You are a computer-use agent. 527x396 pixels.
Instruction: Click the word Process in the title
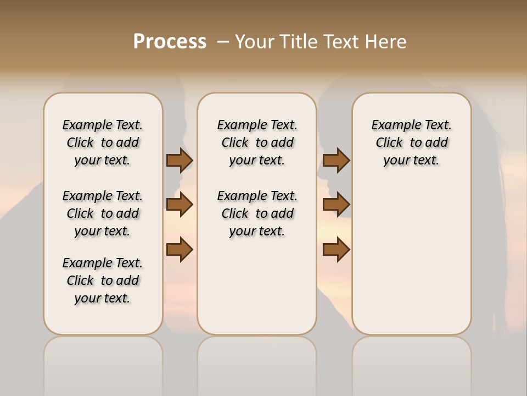[x=170, y=42]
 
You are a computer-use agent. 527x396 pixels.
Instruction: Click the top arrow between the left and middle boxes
[x=180, y=161]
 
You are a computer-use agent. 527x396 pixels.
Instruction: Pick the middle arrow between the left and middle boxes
[x=180, y=205]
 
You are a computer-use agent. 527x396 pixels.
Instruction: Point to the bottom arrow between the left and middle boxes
[x=180, y=250]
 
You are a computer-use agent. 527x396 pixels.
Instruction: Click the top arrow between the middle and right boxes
[x=336, y=161]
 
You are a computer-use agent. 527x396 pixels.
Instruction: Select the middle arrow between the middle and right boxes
[x=336, y=205]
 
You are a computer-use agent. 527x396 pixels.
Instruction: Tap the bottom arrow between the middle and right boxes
[x=336, y=250]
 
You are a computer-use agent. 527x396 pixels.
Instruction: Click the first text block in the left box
[x=103, y=142]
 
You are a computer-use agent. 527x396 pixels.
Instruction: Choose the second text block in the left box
[x=103, y=213]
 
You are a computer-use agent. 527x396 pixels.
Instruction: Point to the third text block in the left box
[x=103, y=280]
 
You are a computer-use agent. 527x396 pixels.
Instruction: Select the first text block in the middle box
[x=257, y=142]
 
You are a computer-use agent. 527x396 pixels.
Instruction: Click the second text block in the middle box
[x=257, y=213]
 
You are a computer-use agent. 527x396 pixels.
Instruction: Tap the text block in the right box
[x=412, y=142]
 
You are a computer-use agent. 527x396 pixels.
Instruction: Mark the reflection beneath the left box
[x=103, y=363]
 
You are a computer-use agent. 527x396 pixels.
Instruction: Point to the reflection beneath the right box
[x=412, y=363]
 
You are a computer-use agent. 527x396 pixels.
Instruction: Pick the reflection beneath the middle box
[x=257, y=363]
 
